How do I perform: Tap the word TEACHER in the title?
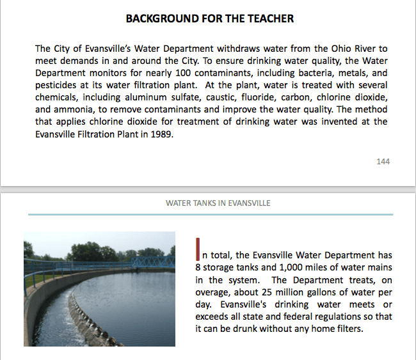pyautogui.click(x=269, y=19)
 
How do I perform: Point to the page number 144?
pyautogui.click(x=383, y=162)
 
